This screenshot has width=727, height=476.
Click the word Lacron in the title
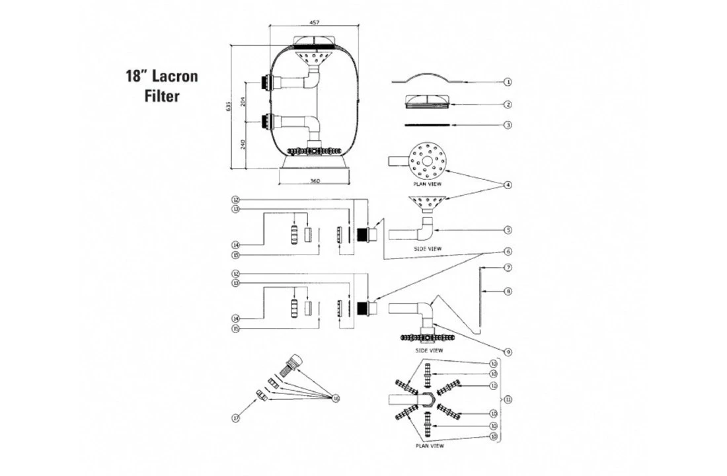tap(176, 75)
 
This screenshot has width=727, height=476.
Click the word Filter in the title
tap(162, 96)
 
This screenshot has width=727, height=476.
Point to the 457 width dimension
tap(315, 21)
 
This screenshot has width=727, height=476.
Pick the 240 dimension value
tap(243, 144)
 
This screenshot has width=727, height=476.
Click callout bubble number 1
tap(508, 82)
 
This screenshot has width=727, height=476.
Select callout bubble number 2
tap(508, 104)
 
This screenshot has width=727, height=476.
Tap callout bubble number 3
tap(508, 124)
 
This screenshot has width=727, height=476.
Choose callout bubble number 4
tap(508, 185)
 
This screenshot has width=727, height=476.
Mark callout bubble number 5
tap(508, 230)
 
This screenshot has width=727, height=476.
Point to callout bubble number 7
tap(508, 268)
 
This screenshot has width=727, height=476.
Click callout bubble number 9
tap(508, 352)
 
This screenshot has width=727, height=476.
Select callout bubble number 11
tap(508, 399)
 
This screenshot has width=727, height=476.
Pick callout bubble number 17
tap(235, 418)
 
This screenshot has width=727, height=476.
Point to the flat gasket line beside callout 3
tap(428, 124)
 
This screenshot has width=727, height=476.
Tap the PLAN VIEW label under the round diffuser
tap(428, 184)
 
